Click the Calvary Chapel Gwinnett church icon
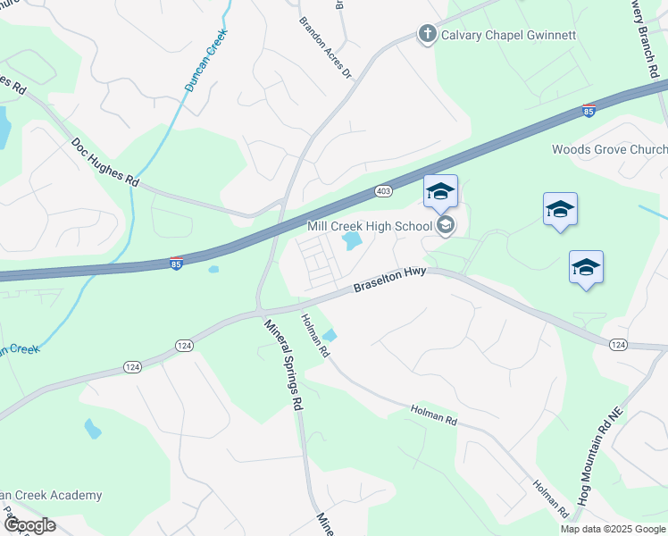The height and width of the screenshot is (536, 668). pos(427,35)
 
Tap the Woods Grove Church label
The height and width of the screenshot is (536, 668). pos(610,149)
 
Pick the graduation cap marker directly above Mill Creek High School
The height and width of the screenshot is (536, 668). pos(440,192)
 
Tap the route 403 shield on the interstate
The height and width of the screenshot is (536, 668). pos(383,191)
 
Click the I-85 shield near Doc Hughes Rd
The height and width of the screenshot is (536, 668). pos(177,264)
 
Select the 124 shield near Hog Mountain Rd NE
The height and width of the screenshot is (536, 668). pos(618,344)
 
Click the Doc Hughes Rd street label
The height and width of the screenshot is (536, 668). pos(105,162)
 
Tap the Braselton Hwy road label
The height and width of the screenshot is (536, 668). pos(389,281)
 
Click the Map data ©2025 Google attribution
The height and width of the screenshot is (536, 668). pos(613,529)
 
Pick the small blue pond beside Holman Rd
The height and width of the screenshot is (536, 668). pos(329,336)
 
